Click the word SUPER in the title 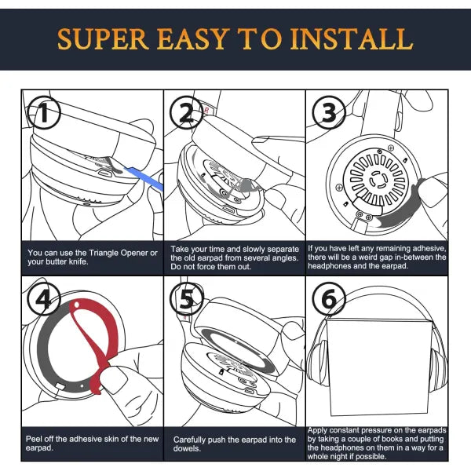point(102,39)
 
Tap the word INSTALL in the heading point(351,39)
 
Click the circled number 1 point(44,112)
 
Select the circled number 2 point(187,112)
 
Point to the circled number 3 point(329,112)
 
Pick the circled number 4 point(44,299)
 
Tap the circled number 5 point(187,299)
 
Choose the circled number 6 point(329,299)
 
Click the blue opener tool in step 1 point(144,178)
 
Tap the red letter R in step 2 point(206,111)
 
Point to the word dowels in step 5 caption point(186,448)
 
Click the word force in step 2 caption point(206,266)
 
